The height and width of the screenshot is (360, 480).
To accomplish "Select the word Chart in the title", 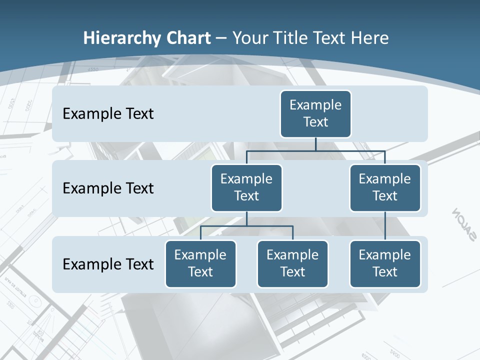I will (x=188, y=38).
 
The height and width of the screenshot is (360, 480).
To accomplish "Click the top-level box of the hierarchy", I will (x=315, y=113).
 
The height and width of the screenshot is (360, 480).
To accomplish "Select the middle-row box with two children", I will (x=246, y=187).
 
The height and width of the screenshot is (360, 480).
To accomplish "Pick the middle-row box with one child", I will (x=385, y=187).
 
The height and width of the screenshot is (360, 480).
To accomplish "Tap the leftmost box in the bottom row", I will (x=200, y=263).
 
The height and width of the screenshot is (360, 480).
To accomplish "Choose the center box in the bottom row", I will (x=292, y=263).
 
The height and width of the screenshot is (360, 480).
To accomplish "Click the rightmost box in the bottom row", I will (x=385, y=263).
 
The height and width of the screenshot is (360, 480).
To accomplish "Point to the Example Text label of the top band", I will (x=108, y=114).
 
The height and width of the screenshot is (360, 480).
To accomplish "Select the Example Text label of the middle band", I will (x=108, y=188).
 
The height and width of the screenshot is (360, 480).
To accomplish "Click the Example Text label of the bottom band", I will (x=108, y=264).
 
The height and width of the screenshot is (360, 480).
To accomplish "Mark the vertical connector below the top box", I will (x=315, y=144).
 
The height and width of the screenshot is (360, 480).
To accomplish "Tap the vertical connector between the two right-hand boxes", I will (x=385, y=226).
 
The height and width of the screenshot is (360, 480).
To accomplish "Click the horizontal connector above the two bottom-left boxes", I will (x=246, y=226).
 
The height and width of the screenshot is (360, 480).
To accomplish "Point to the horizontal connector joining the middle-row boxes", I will (x=315, y=150).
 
